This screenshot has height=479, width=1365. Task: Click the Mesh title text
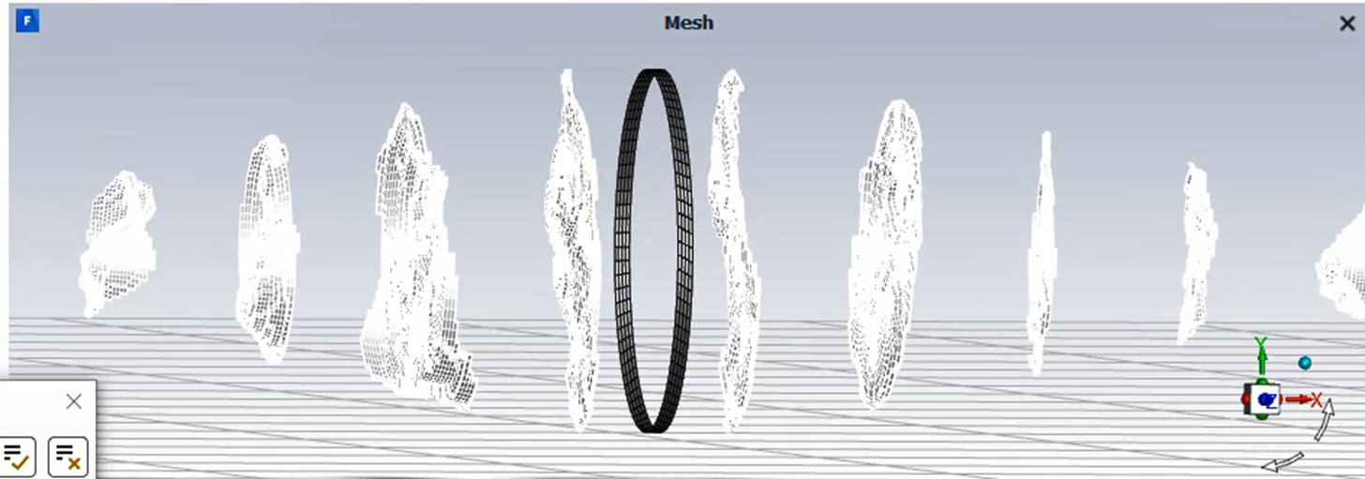688,22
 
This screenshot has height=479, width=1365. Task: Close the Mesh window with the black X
1347,23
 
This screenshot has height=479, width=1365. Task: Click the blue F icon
27,21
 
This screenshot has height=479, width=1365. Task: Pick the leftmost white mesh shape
117,244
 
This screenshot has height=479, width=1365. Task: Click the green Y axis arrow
1262,361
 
